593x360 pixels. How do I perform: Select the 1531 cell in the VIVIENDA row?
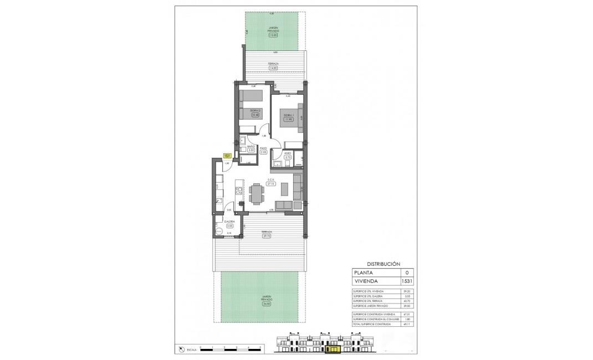click(x=408, y=281)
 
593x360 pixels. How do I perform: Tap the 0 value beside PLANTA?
click(x=408, y=272)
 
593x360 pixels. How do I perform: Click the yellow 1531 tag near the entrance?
click(x=227, y=157)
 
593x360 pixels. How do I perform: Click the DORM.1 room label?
click(x=288, y=115)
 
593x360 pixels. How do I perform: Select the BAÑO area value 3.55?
click(x=251, y=150)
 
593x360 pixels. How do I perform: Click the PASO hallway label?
click(x=264, y=148)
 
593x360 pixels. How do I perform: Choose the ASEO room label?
click(x=288, y=153)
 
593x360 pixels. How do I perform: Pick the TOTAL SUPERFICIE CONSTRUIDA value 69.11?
click(x=408, y=324)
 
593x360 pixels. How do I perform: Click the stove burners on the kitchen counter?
click(x=239, y=192)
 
